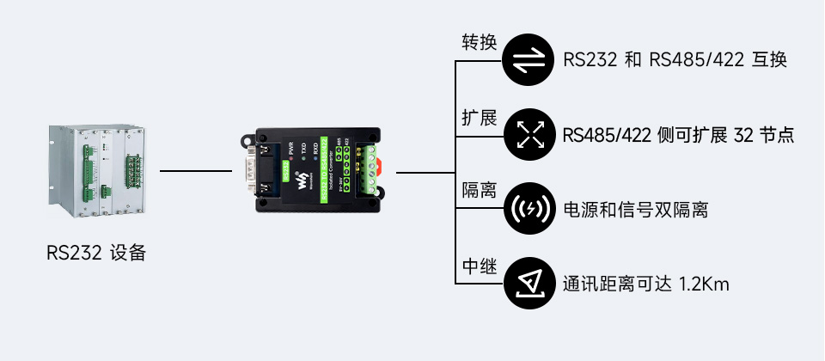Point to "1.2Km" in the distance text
(x=704, y=284)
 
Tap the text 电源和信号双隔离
(x=635, y=209)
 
